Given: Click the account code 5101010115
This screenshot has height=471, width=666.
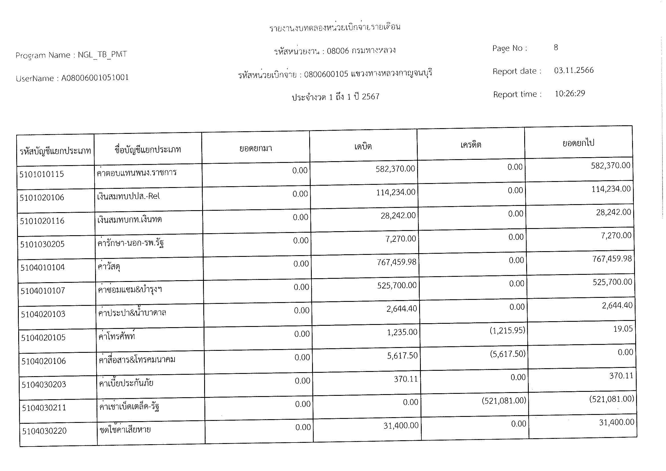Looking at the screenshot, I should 42,174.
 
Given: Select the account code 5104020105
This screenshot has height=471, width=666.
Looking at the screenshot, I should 43,338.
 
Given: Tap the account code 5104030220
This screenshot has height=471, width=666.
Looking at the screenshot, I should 44,431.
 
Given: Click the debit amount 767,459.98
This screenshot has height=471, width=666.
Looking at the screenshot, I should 396,262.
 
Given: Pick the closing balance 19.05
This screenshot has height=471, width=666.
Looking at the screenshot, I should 623,329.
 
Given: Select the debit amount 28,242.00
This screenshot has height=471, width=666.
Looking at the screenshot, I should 398,216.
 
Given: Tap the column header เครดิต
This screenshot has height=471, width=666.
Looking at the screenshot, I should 470,145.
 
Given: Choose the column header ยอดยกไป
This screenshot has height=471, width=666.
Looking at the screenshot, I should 578,143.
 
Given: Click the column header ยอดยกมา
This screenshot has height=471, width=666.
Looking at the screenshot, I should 255,148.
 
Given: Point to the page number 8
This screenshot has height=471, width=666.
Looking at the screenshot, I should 556,48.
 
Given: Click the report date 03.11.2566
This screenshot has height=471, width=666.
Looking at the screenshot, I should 573,70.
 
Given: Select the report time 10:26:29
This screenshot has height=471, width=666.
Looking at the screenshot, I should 570,94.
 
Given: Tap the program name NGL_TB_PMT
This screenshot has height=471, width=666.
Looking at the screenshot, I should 103,54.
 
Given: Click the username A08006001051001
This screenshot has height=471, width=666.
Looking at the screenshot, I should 95,78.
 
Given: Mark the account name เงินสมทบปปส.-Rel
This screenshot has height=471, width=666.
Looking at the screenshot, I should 128,196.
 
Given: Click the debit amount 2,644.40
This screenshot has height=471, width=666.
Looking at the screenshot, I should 401,309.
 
